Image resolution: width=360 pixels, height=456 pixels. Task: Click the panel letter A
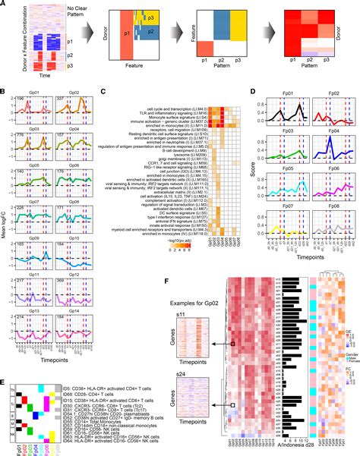(x=4, y=5)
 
